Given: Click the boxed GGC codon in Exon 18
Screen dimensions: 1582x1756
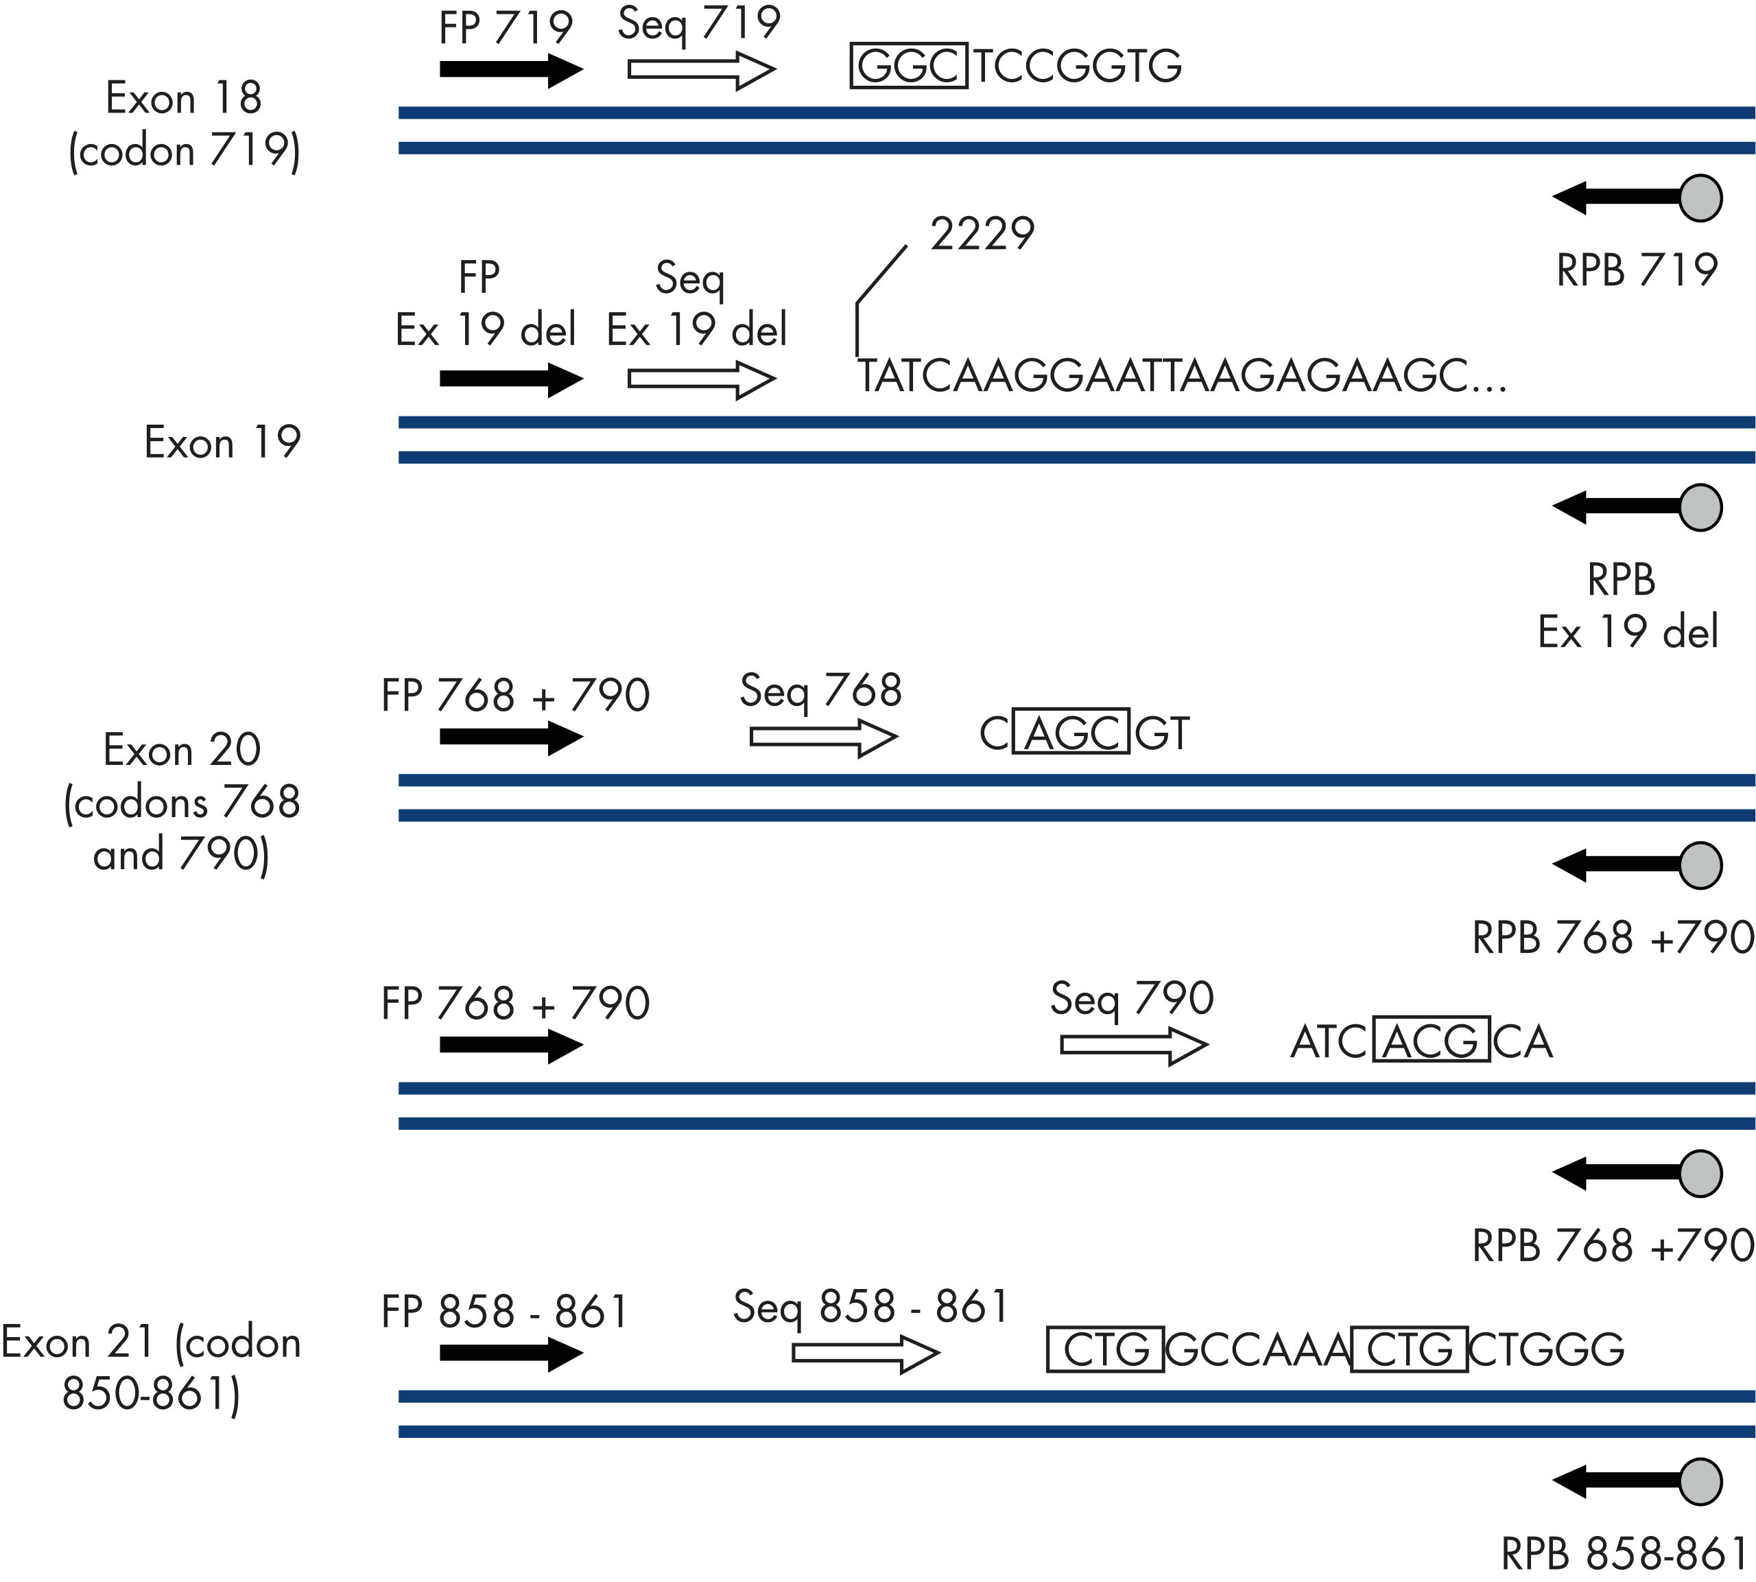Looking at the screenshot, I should [908, 65].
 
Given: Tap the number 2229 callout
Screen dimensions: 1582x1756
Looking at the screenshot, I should [982, 234].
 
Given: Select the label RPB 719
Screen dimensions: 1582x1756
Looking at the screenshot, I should [1636, 270].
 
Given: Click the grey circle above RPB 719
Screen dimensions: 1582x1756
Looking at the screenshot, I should [1700, 198].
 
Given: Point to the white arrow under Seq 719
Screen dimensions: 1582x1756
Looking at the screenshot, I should [700, 69].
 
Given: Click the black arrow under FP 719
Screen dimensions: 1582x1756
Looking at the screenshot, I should [510, 69].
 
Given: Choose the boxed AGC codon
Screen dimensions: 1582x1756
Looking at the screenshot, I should [1072, 732].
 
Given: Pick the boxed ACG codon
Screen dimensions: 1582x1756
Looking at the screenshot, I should [1431, 1041].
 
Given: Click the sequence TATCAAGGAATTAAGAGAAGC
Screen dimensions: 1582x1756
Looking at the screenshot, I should [1182, 377].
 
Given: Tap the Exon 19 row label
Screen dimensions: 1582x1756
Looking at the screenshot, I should [222, 442].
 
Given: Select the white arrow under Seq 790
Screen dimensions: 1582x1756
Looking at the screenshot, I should [1133, 1046].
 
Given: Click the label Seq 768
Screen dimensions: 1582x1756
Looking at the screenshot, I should [820, 691].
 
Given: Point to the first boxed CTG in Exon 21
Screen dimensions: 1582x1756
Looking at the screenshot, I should [1105, 1349].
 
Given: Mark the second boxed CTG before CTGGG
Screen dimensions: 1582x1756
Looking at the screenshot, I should [1410, 1349].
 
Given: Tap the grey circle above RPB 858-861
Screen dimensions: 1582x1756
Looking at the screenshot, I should [1700, 1481].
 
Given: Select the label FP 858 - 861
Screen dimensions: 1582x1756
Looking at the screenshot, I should [504, 1312].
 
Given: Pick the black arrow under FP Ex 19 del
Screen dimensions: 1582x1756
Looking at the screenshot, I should [510, 379].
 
